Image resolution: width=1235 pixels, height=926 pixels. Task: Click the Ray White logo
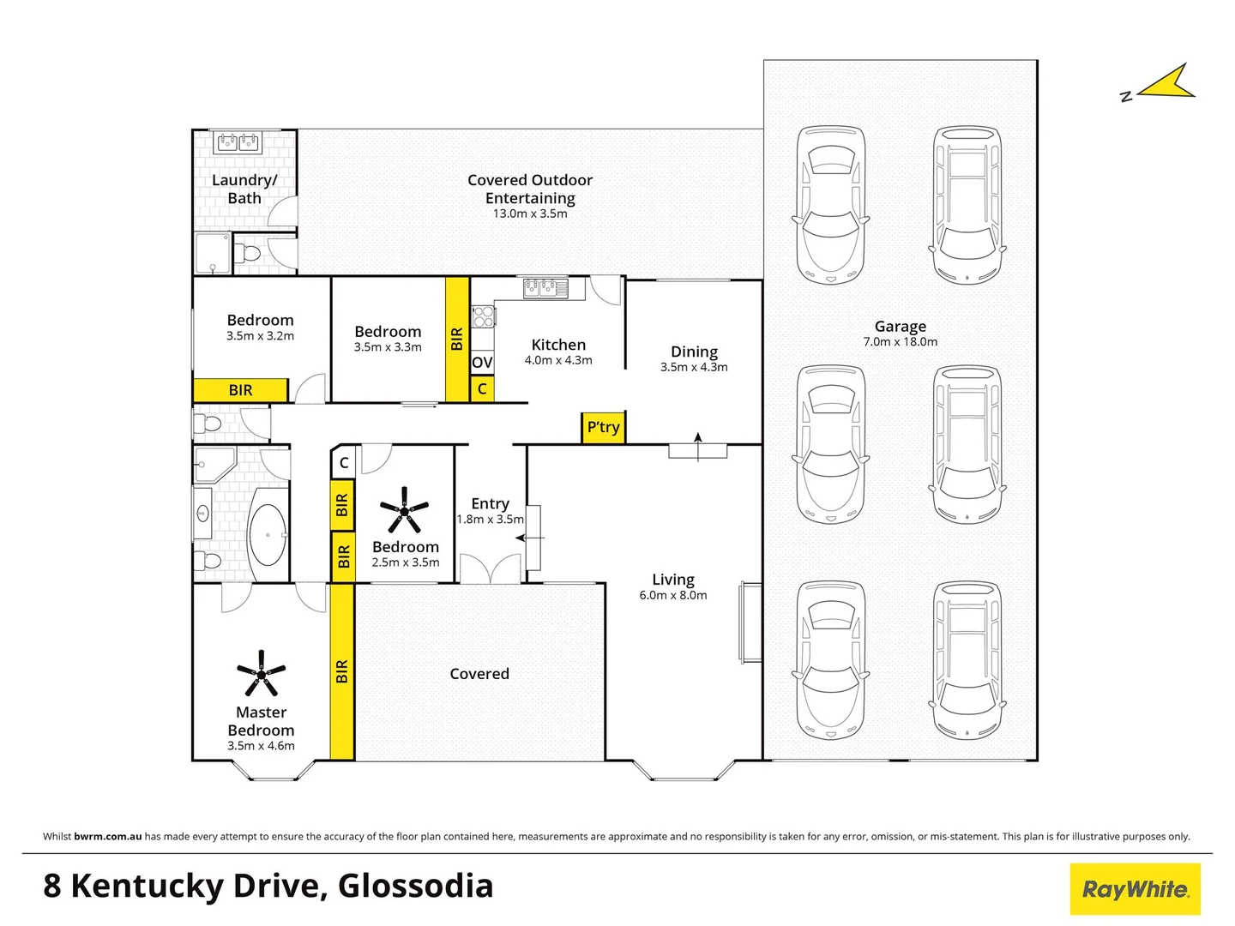click(1135, 889)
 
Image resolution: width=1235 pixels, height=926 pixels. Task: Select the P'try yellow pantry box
click(603, 427)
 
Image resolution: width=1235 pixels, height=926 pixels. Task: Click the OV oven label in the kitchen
click(482, 363)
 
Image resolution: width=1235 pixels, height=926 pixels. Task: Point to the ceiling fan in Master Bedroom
click(261, 673)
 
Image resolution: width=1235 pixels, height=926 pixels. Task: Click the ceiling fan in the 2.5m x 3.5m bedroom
click(404, 510)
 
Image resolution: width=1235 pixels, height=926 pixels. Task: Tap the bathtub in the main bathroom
click(268, 535)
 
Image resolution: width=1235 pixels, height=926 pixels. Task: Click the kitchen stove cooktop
click(484, 316)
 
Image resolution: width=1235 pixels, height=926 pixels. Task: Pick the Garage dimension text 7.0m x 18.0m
click(900, 342)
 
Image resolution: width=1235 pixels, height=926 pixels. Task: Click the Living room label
click(672, 580)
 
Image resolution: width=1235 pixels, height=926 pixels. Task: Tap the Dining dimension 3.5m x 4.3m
click(693, 367)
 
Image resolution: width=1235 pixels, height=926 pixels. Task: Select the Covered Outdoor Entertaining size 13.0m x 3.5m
click(529, 213)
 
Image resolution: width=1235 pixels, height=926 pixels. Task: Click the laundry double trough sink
click(238, 141)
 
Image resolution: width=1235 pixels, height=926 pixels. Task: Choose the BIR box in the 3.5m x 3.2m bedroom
click(240, 390)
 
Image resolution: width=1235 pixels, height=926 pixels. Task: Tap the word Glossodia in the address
click(415, 886)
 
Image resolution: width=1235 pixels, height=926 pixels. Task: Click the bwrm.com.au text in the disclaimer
click(108, 836)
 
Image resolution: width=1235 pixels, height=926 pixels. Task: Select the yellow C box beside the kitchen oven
click(482, 388)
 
